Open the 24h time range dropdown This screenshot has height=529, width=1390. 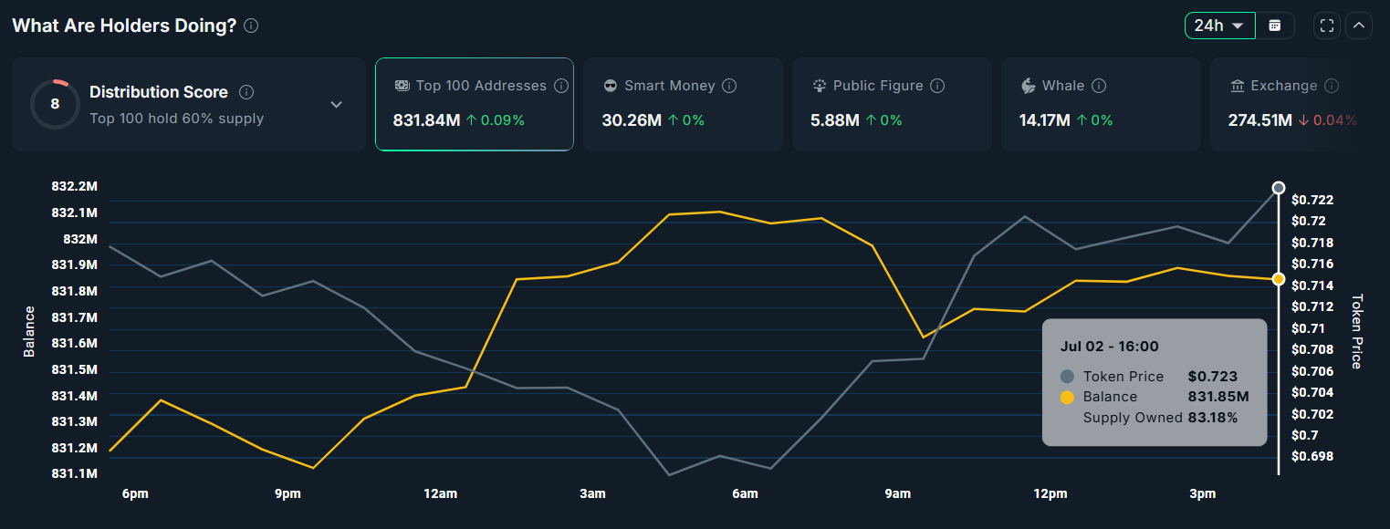point(1219,26)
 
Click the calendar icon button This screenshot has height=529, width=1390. point(1275,26)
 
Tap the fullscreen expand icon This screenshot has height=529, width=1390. point(1327,26)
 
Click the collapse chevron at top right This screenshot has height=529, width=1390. point(1358,26)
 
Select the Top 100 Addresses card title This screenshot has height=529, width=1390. point(481,86)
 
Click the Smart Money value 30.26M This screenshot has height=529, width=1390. point(632,119)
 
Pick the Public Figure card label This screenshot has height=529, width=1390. point(878,86)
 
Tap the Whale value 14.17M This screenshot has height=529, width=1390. point(1044,119)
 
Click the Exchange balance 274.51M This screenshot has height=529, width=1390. point(1259,119)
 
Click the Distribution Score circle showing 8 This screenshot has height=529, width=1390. point(55,104)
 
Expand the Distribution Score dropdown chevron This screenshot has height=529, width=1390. point(336,104)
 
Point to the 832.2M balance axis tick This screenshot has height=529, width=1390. point(74,186)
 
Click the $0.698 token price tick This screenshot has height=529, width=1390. point(1312,456)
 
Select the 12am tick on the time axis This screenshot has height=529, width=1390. point(440,494)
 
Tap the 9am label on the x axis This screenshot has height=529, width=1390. point(897,494)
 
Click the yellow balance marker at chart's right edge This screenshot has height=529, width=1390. point(1279,279)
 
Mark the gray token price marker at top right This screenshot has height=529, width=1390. point(1279,188)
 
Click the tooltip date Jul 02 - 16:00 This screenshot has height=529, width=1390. point(1109,347)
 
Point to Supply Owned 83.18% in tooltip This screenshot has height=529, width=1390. point(1160,418)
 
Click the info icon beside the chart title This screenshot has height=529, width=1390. point(251,26)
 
